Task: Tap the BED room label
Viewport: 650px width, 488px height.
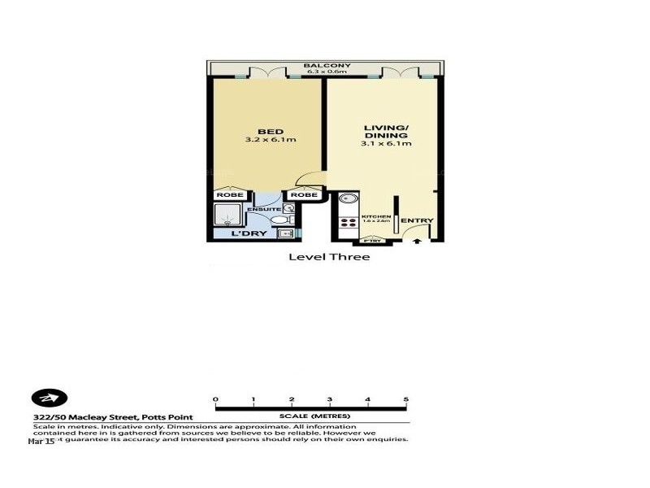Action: click(270, 132)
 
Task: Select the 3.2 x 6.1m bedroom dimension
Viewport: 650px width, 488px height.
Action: click(270, 141)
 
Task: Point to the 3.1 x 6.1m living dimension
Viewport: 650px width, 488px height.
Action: click(386, 144)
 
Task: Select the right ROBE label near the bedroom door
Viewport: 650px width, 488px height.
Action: click(304, 195)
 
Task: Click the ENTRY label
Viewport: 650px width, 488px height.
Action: click(417, 220)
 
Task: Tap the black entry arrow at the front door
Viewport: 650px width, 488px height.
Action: click(418, 239)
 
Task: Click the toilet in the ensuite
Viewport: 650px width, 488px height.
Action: click(278, 220)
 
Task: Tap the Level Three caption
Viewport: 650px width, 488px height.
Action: click(329, 257)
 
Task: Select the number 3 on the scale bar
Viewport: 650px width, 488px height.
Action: click(329, 399)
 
